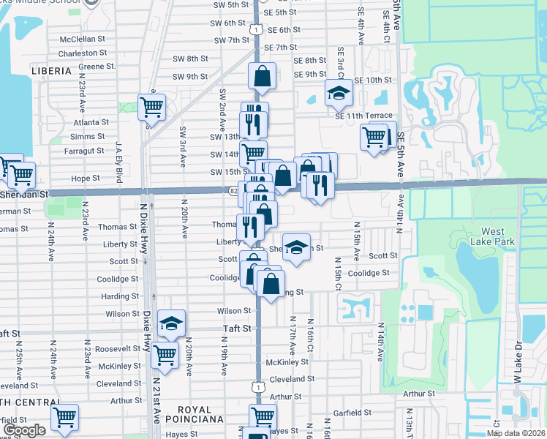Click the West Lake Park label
click(498, 236)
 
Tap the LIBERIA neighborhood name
click(51, 71)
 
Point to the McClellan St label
click(83, 38)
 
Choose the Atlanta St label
click(91, 122)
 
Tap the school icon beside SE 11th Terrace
click(339, 92)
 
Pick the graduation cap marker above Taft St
click(171, 323)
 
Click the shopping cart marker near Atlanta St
click(151, 107)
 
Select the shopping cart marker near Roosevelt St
click(165, 355)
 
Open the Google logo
click(24, 430)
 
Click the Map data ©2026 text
click(516, 433)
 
